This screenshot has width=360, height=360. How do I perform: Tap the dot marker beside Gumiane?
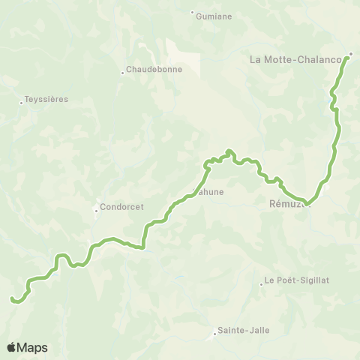click(193, 13)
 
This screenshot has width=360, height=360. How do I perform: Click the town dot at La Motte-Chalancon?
click(351, 53)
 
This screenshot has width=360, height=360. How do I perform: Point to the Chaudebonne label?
click(150, 72)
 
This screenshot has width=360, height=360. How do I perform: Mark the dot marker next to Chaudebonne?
click(122, 73)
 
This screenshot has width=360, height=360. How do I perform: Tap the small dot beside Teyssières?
click(22, 103)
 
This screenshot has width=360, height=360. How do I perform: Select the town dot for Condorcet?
click(96, 210)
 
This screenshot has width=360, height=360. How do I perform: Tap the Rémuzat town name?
click(286, 202)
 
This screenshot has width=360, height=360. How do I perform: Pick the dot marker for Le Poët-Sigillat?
click(262, 283)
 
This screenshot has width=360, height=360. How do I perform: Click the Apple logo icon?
click(12, 347)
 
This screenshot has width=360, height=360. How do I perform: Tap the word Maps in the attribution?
click(33, 347)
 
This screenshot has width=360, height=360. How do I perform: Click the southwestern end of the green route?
click(12, 299)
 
